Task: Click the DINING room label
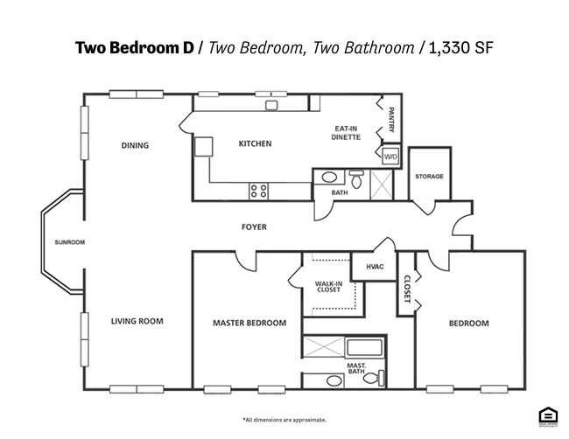coord(135,145)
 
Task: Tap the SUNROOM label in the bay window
coord(69,242)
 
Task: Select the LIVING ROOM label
coord(137,321)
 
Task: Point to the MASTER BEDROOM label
coord(249,323)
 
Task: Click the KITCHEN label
coord(256,143)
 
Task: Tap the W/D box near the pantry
coord(390,157)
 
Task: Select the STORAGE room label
coord(429,177)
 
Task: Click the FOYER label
coord(254,227)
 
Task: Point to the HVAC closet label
coord(374,267)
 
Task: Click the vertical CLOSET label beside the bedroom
coord(407,289)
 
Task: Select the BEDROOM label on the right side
coord(468,323)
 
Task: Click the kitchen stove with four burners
coord(259,190)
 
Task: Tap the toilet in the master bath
coord(371,378)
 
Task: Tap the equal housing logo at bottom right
coord(548,416)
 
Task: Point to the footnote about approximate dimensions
coord(284,420)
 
